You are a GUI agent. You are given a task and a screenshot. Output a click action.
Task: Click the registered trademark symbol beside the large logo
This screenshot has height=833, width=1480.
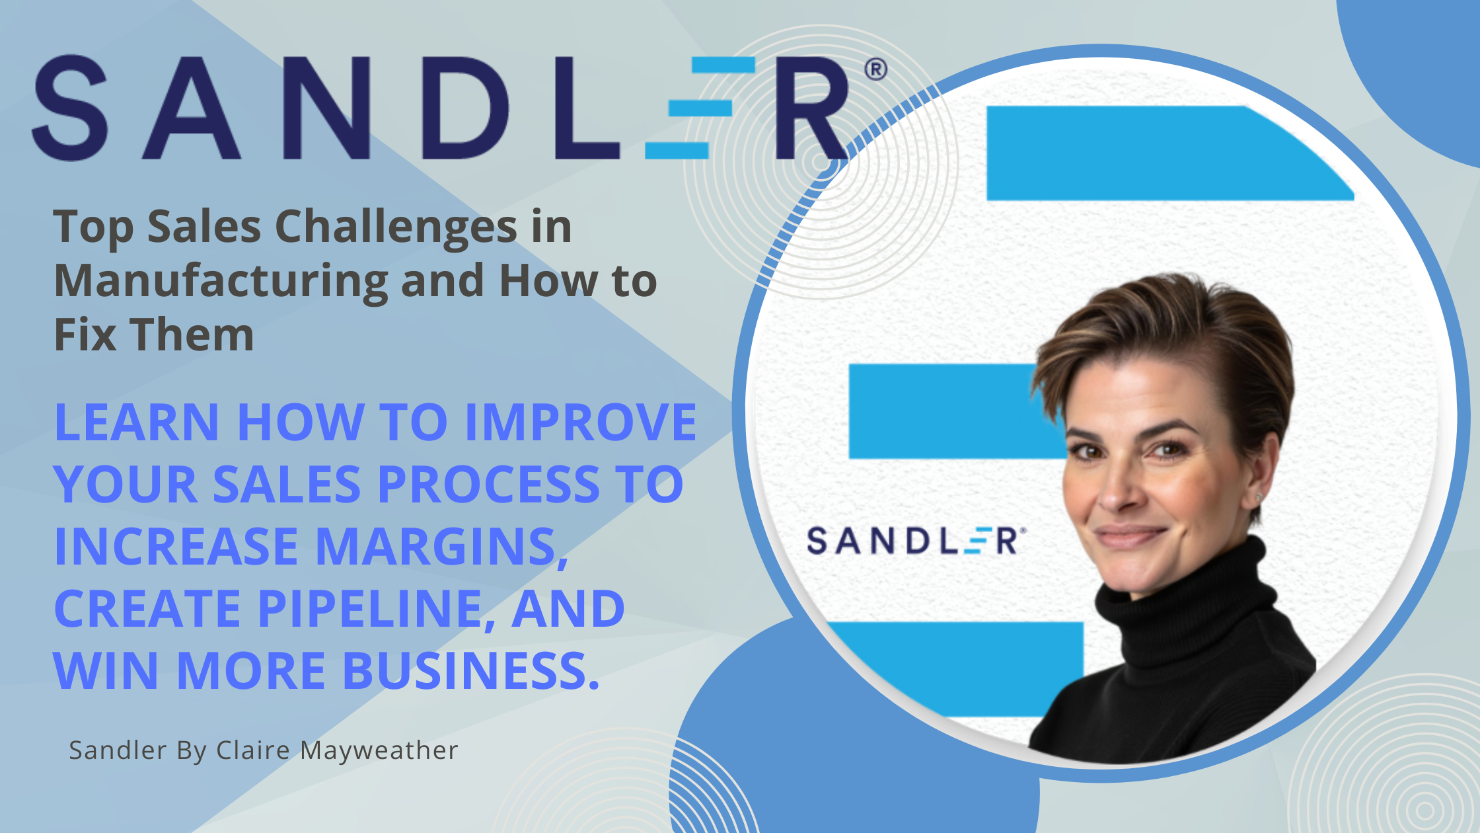point(875,69)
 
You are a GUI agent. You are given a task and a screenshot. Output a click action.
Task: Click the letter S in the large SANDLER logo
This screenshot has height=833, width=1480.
point(69,108)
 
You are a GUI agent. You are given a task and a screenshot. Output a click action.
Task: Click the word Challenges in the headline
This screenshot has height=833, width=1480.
point(396,227)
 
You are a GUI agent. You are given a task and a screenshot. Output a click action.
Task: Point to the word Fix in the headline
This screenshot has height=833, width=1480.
point(85,335)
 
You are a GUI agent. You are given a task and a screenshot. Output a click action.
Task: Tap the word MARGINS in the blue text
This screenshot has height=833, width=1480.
point(441,547)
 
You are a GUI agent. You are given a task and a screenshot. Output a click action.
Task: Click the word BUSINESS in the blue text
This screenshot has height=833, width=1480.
point(471,670)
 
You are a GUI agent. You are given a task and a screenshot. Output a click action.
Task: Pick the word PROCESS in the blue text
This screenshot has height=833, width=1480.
point(489,484)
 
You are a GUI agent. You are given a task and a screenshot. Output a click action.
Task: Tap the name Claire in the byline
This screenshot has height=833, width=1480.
point(253,750)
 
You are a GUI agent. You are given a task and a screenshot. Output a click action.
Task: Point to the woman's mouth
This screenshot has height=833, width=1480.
point(1128,534)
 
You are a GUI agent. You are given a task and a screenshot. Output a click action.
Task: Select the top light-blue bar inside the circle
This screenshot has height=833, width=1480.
point(1169,153)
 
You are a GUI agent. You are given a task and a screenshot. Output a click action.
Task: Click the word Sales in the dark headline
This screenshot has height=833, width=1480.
point(204,227)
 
